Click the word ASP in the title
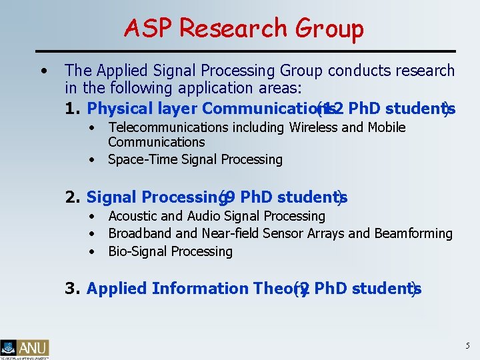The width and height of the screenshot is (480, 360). [x=148, y=29]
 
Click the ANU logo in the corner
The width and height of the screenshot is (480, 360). [x=25, y=348]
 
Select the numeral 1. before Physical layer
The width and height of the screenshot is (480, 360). [x=73, y=108]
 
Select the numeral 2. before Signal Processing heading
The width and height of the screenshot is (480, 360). [x=73, y=197]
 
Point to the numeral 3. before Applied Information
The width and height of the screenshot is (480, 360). [x=73, y=289]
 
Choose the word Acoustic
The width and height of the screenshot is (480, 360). [x=133, y=216]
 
